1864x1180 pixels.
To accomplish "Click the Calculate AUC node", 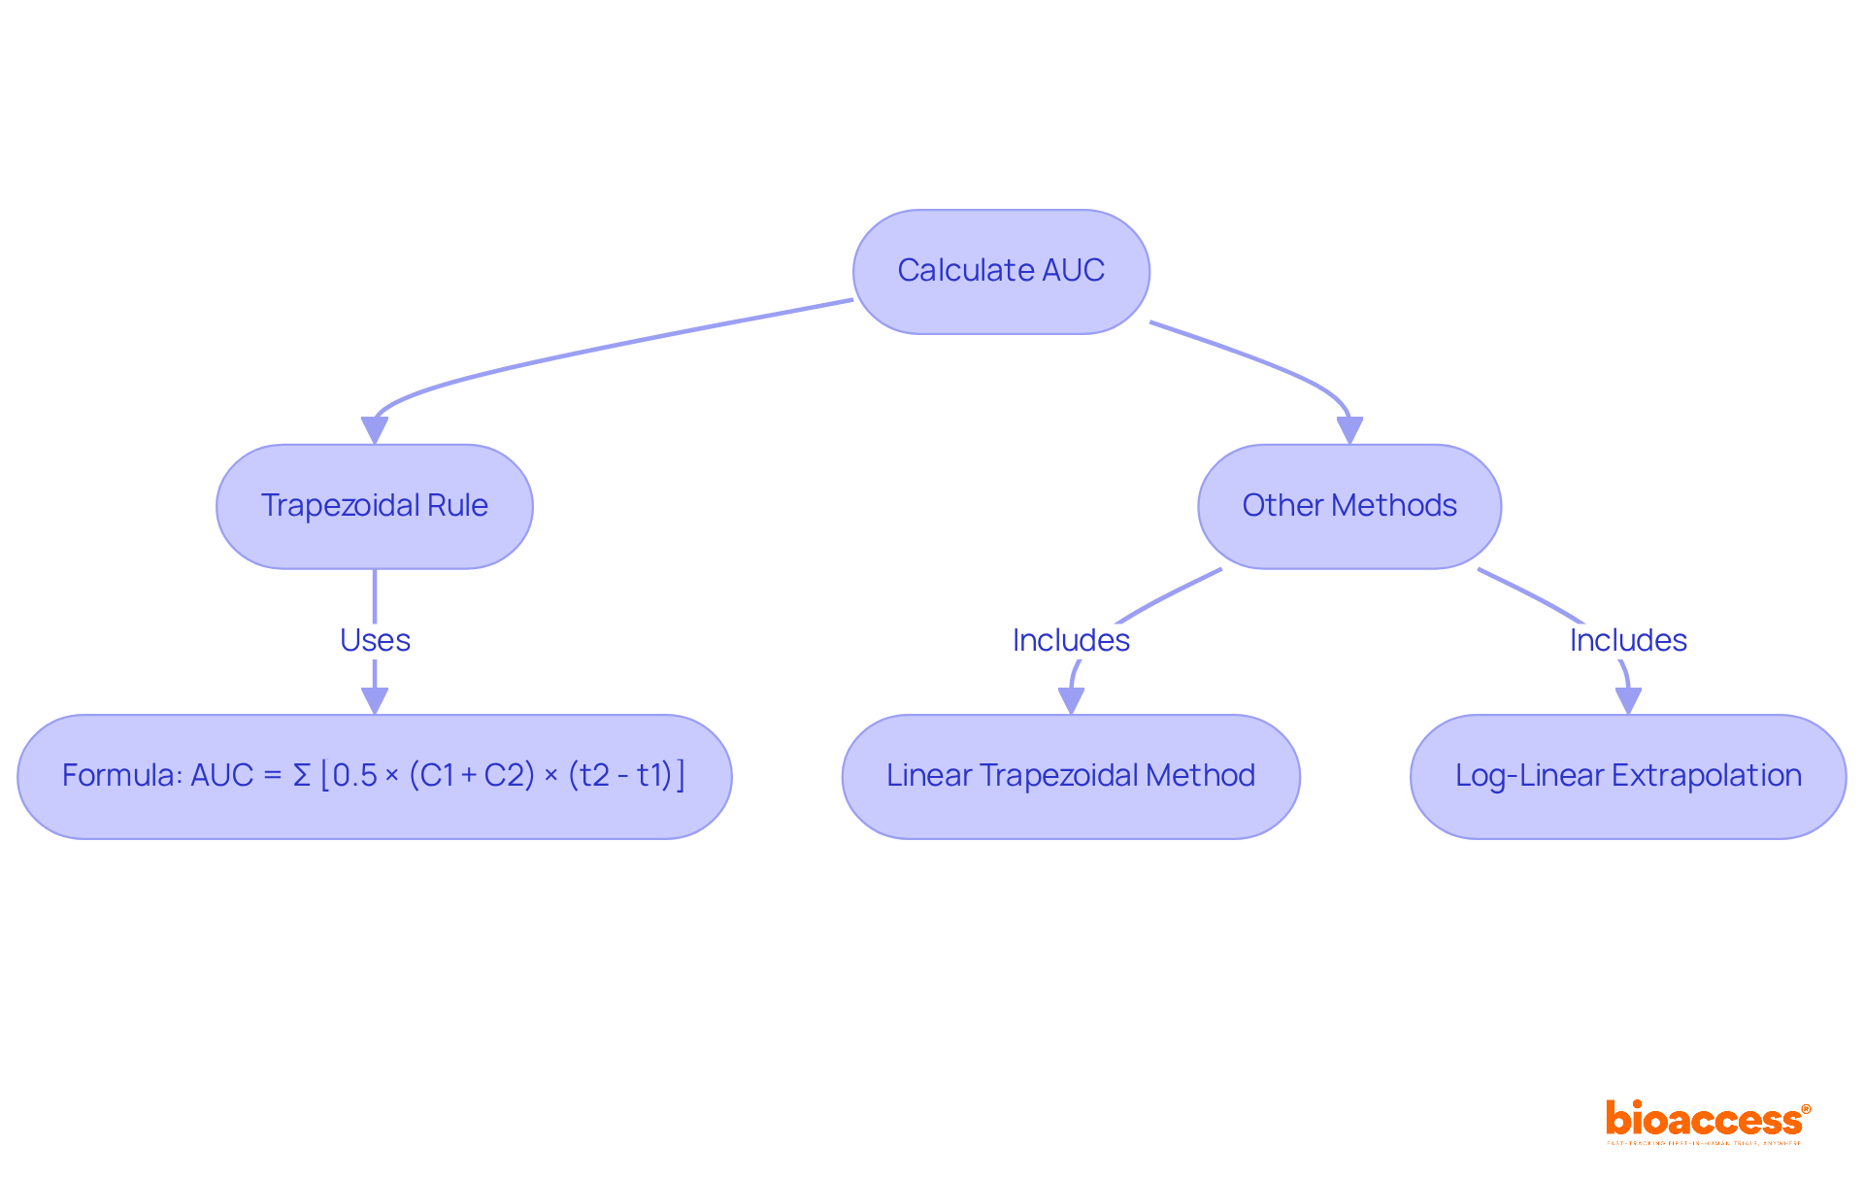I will coord(1001,271).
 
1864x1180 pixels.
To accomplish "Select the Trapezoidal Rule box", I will coord(374,506).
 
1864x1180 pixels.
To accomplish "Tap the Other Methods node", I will coord(1348,506).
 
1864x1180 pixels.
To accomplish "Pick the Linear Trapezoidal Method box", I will coord(1070,776).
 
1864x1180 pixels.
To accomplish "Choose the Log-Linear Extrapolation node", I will coord(1627,776).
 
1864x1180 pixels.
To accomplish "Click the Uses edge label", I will coord(375,640).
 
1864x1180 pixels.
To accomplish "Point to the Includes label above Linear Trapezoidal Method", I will coord(1071,640).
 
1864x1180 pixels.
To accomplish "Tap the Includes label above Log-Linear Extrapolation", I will coord(1628,640).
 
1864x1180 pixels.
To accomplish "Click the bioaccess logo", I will coord(1707,1121).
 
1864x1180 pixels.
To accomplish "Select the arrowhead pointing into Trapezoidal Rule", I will coord(375,430).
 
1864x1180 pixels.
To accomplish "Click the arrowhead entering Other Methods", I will coord(1349,430).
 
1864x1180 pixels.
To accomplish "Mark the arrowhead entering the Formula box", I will coord(375,700).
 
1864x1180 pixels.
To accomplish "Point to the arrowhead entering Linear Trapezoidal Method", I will coord(1071,700).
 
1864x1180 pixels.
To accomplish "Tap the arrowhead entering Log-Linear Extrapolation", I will coord(1628,700).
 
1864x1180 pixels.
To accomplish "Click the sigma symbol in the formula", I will coord(302,776).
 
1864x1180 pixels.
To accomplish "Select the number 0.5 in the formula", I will coord(354,776).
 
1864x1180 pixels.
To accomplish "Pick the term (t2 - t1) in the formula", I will coord(620,776).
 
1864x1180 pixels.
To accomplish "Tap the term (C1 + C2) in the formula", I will coord(472,776).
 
